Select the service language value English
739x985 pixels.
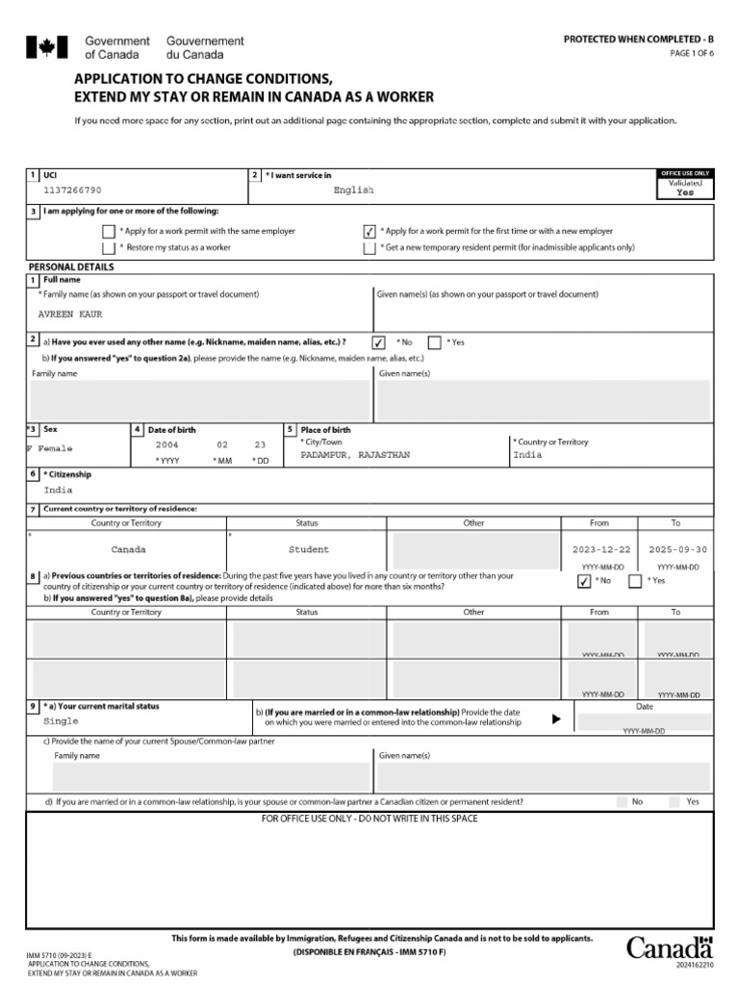click(x=353, y=190)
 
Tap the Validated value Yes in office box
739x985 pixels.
click(x=684, y=192)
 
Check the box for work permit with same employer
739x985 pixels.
click(x=108, y=232)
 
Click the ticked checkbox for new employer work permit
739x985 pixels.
click(x=369, y=232)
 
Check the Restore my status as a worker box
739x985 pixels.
click(x=108, y=248)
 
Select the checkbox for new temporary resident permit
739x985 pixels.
click(x=369, y=248)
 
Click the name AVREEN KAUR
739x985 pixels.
click(x=70, y=315)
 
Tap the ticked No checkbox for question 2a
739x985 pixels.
click(x=379, y=342)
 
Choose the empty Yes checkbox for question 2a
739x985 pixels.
click(x=434, y=342)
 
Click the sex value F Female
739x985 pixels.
click(x=49, y=449)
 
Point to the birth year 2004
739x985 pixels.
click(x=167, y=445)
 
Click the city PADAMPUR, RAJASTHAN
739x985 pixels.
click(x=355, y=454)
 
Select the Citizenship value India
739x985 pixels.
click(x=58, y=490)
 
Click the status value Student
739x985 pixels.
click(x=308, y=550)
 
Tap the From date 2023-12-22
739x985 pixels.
click(x=599, y=550)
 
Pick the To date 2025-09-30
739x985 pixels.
click(x=676, y=550)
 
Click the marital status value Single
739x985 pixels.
click(x=62, y=720)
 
